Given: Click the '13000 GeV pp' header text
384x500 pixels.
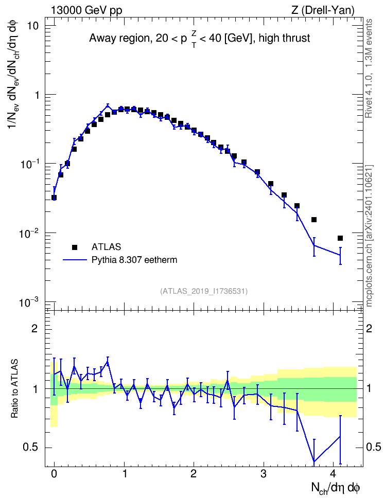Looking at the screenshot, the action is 86,10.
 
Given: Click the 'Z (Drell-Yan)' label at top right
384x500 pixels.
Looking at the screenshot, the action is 323,10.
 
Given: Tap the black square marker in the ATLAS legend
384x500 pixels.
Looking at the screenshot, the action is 74,247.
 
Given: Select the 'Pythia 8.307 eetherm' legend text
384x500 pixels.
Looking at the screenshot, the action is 134,260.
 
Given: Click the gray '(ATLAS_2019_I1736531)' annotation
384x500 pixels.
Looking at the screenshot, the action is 204,291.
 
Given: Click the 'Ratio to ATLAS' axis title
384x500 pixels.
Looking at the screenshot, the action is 14,389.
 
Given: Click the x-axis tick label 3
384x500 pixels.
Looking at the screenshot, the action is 263,474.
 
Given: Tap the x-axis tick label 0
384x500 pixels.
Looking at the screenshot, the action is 54,474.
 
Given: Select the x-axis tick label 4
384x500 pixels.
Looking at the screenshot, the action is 333,474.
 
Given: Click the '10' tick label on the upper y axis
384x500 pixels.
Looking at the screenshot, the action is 32,26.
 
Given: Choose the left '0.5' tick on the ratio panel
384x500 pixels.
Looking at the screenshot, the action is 30,448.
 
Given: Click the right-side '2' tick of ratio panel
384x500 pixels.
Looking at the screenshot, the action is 369,328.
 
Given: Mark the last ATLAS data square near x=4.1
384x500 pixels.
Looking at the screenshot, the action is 340,238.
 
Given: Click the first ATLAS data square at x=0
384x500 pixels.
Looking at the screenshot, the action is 54,198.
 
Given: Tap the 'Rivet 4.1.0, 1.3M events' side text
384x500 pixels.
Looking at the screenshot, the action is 369,68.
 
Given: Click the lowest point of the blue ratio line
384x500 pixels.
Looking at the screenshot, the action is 314,461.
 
